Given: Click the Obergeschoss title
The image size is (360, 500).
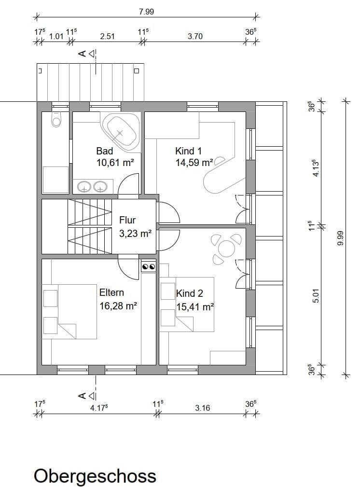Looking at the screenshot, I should tap(95, 476).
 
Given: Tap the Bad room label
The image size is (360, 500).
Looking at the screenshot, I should tap(105, 151).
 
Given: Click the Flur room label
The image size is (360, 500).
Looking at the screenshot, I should tap(127, 220).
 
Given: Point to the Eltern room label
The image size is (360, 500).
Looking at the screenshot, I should tap(111, 292).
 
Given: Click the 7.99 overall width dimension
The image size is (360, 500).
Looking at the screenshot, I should tap(146, 12).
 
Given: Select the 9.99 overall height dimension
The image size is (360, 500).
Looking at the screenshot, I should tap(340, 239).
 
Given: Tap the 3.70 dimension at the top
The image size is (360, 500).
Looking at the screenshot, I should tap(195, 36).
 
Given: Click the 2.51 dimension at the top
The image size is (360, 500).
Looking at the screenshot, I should tap(107, 36).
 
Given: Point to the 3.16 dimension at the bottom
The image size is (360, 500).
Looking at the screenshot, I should tap(203, 408).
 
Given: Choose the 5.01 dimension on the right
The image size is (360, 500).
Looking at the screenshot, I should tap(316, 295).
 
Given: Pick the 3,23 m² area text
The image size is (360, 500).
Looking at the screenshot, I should tap(136, 234).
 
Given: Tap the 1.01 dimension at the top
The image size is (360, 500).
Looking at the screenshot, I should tap(56, 36).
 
